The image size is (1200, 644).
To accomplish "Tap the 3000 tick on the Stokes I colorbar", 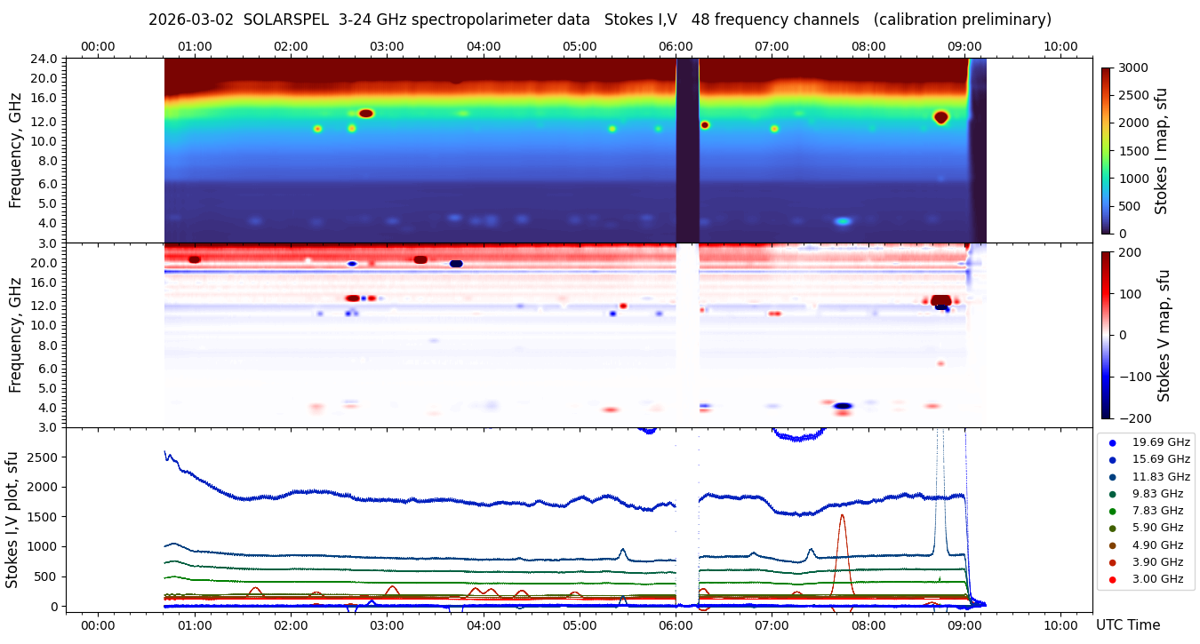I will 1132,68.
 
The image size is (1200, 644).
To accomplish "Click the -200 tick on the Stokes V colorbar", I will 1133,417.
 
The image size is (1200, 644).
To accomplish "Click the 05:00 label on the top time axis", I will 580,46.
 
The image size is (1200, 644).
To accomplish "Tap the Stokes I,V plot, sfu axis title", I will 12,520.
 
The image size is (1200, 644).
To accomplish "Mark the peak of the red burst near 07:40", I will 842,515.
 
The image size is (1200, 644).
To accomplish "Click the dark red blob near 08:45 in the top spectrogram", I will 940,117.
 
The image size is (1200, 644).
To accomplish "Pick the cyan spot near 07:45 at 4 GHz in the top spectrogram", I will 843,221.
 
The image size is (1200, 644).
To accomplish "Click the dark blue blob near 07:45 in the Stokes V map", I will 843,406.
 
